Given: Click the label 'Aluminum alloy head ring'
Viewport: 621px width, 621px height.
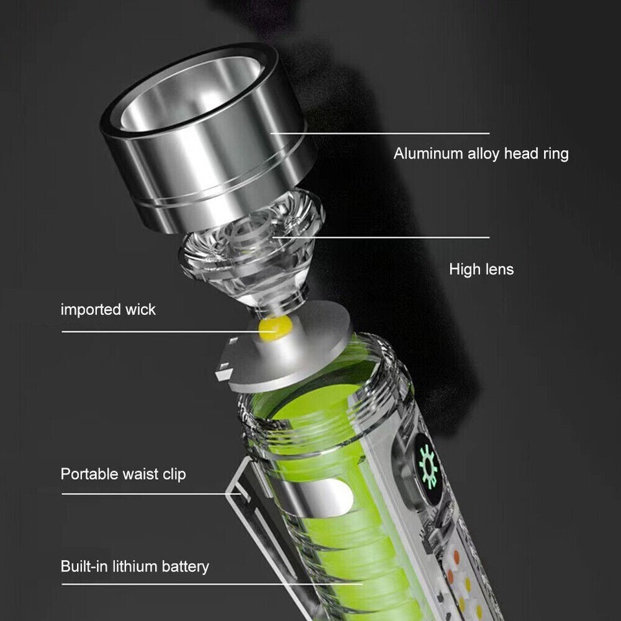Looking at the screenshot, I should [x=481, y=154].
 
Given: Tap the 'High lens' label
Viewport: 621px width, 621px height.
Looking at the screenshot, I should [x=481, y=269].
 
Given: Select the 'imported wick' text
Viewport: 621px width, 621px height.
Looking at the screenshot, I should [x=108, y=309].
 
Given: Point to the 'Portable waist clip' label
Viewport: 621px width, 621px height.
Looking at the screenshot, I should [x=123, y=474].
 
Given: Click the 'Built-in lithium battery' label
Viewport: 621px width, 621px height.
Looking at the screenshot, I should [x=135, y=567].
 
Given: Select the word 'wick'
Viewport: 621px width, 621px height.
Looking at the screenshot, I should [x=142, y=309].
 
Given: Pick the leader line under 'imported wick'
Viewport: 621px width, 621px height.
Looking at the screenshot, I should [x=162, y=331].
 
